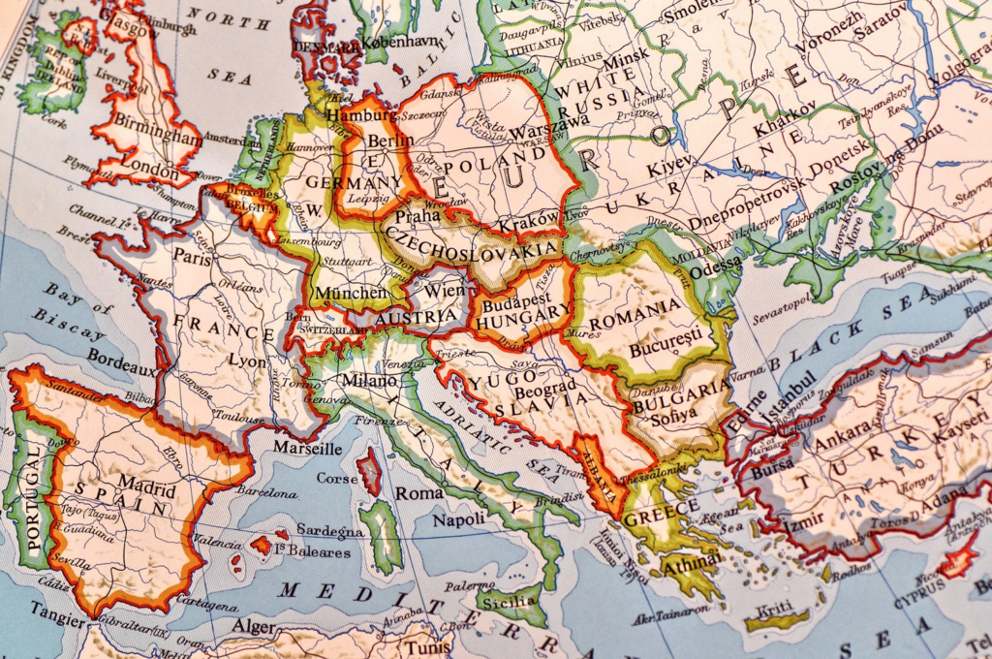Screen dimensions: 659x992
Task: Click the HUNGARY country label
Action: pos(524,312)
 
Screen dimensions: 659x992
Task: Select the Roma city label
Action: pos(419,493)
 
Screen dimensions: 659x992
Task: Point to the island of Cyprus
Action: pos(958,559)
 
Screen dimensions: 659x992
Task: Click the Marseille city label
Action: pos(306,449)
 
